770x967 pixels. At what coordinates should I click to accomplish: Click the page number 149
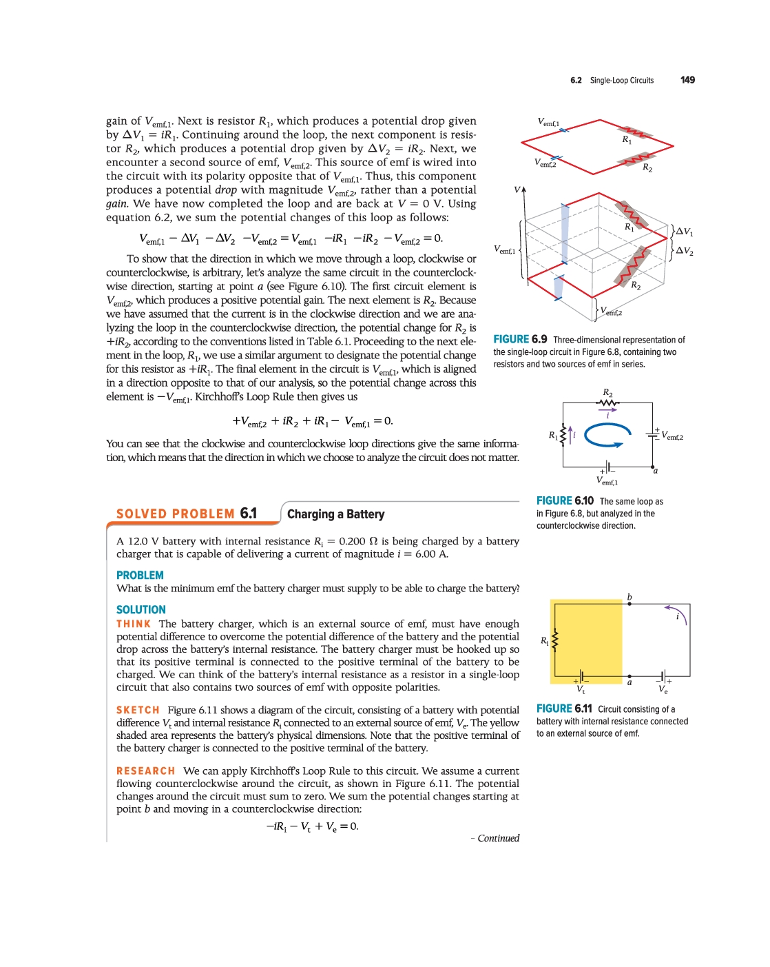687,80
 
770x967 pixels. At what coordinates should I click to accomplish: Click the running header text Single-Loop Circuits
621,81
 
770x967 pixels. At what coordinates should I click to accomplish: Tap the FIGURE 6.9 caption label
520,339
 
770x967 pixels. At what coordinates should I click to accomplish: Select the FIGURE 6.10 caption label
565,501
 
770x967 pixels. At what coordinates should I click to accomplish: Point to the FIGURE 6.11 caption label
564,709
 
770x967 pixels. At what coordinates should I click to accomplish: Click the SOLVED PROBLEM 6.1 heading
186,513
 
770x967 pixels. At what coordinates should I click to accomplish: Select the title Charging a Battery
335,514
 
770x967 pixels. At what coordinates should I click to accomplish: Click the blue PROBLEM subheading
140,575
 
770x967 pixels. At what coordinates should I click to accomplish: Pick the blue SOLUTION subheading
141,609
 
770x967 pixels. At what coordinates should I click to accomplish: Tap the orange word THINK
134,624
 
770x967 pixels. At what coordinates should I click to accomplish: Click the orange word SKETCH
138,710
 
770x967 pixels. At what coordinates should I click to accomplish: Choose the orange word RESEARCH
145,771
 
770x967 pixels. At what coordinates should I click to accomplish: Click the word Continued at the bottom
498,838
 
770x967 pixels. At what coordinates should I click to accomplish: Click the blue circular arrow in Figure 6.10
607,435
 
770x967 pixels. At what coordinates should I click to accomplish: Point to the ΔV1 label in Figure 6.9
684,232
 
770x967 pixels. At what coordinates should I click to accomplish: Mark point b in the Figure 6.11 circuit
629,598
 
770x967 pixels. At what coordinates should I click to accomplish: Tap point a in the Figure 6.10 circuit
656,471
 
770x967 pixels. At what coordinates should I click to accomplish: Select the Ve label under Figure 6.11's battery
663,689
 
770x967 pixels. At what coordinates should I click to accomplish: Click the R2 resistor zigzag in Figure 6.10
607,403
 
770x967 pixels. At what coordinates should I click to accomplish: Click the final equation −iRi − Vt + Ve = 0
312,826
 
